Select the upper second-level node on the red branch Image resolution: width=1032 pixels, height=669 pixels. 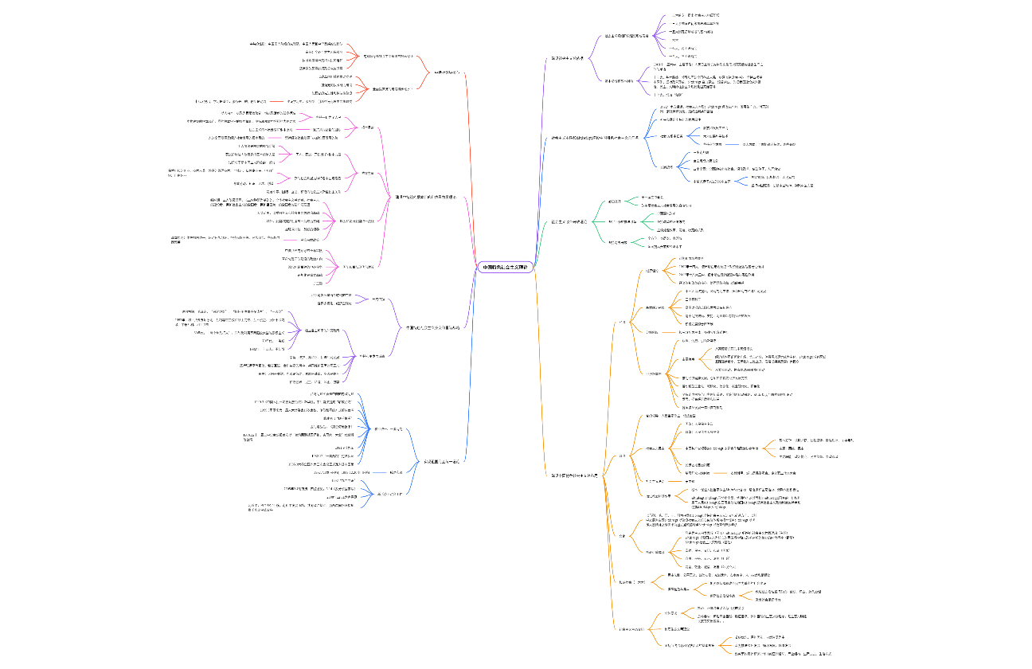click(x=388, y=57)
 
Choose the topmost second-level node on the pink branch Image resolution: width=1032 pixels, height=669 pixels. click(x=368, y=127)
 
